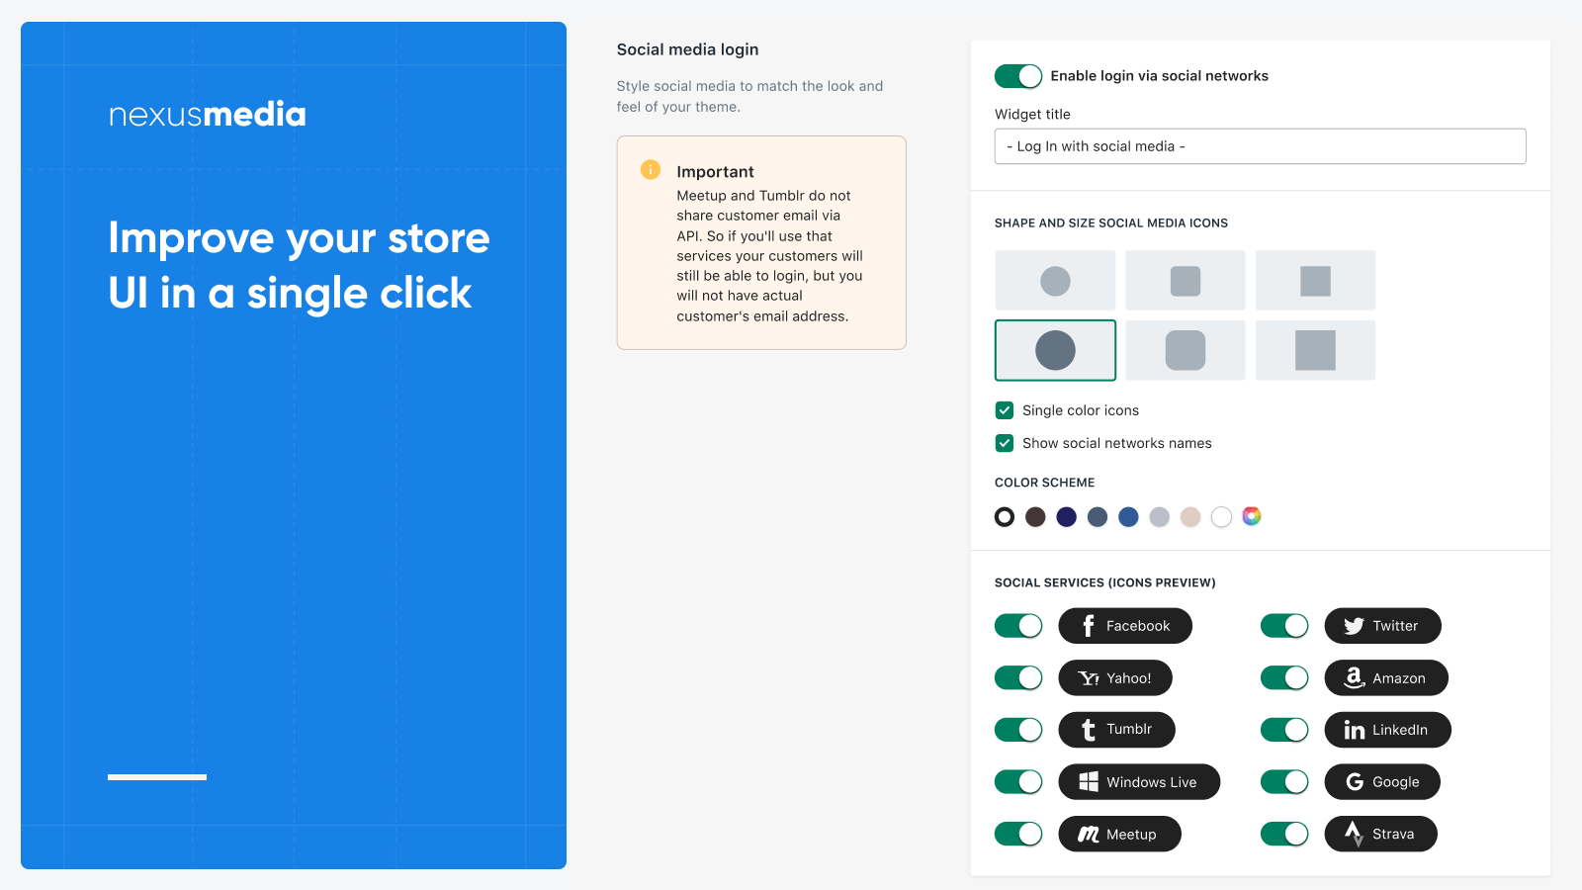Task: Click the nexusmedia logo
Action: point(207,115)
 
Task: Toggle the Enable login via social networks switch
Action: point(1017,76)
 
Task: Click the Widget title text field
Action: point(1260,146)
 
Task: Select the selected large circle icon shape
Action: point(1055,350)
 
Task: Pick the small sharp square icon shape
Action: point(1315,281)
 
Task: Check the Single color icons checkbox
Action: point(1005,410)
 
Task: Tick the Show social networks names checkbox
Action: point(1005,443)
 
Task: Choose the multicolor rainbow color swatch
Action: point(1252,516)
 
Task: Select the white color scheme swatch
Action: point(1221,517)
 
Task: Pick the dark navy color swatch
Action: point(1067,517)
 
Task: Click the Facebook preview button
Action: point(1125,626)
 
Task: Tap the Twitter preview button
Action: point(1382,626)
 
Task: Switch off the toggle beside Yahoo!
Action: point(1017,678)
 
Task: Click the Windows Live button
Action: point(1138,782)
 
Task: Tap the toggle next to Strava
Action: point(1284,835)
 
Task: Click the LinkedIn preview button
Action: point(1387,730)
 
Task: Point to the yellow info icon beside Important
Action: point(651,169)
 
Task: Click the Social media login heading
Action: point(687,49)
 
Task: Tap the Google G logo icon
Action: point(1354,782)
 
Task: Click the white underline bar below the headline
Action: point(157,777)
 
